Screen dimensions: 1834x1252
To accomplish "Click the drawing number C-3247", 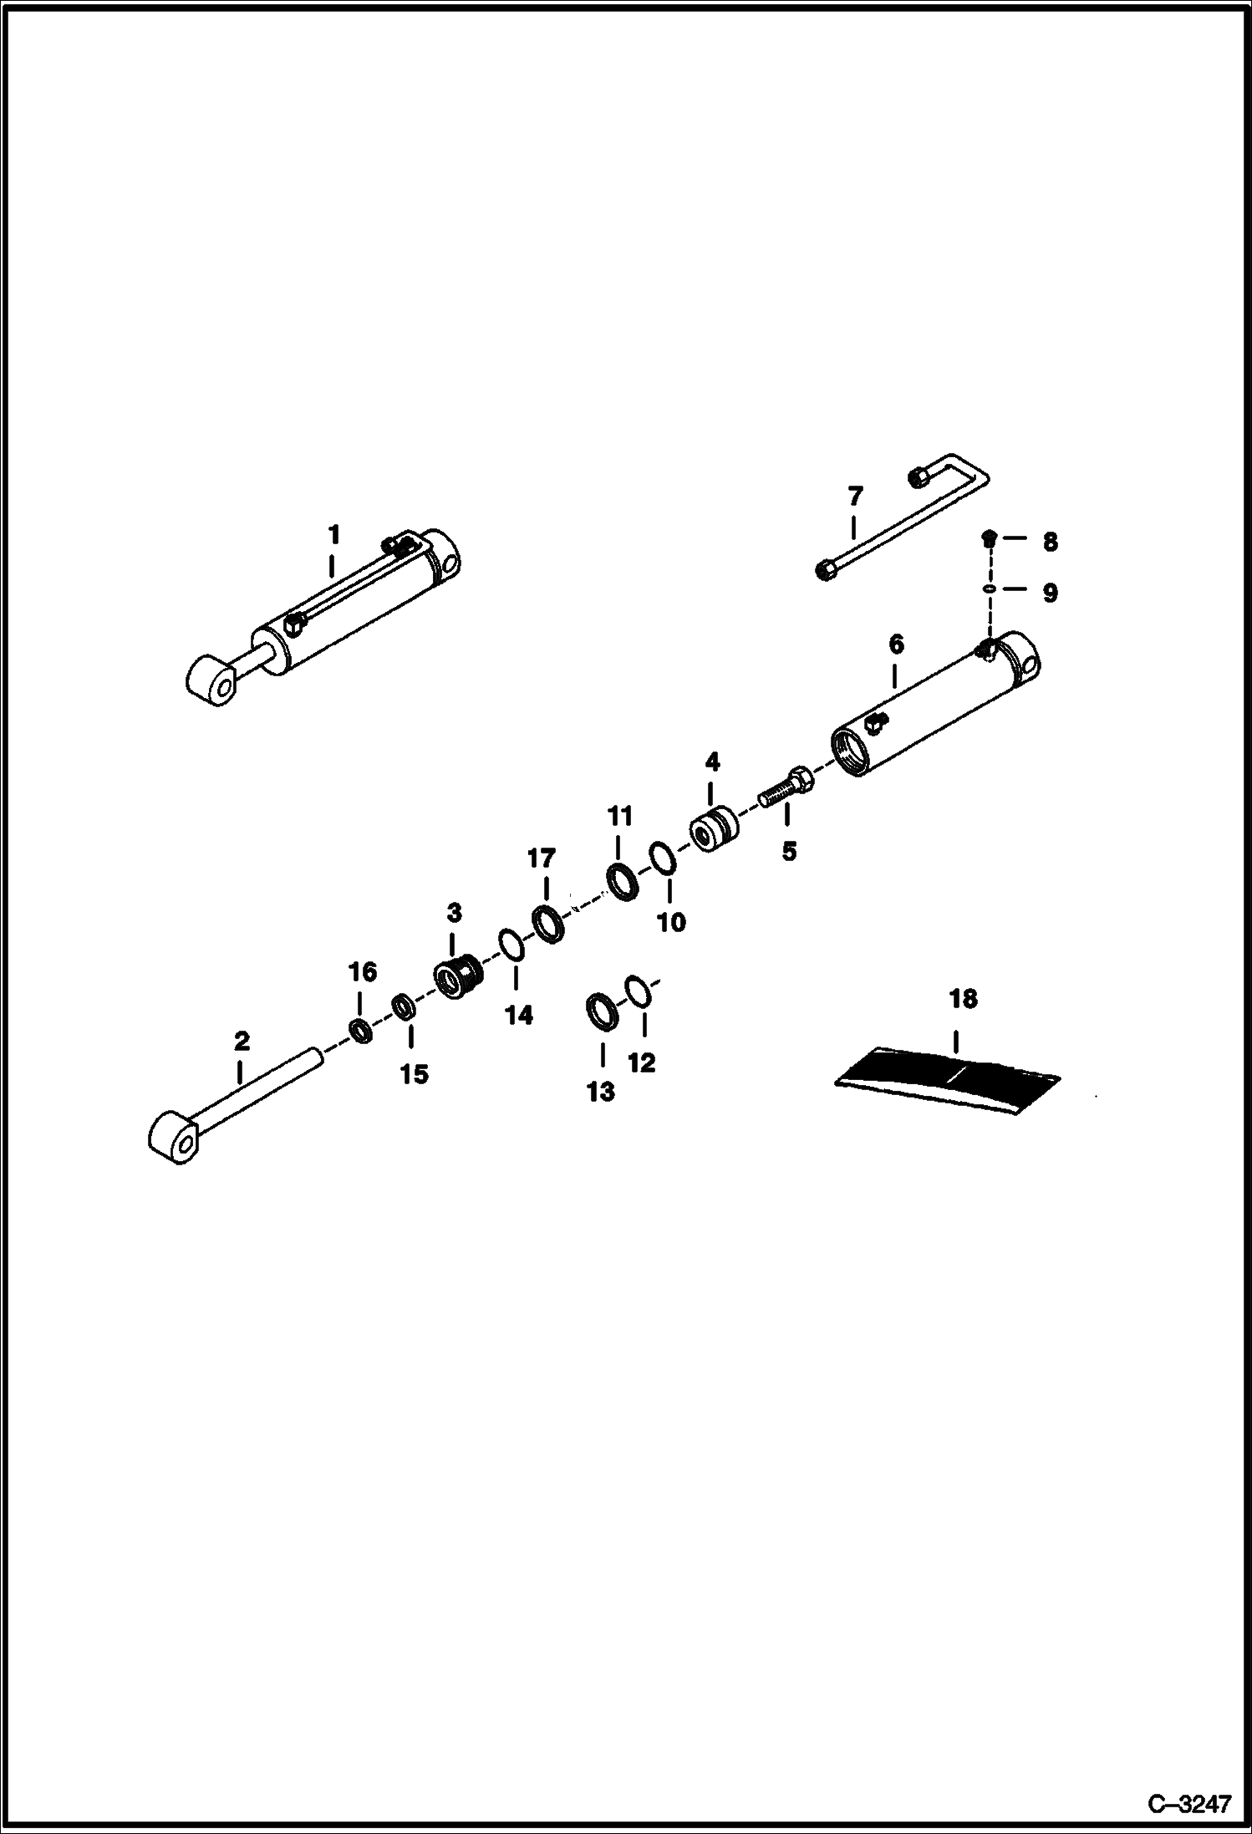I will [x=1189, y=1803].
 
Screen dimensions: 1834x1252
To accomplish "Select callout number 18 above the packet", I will [x=963, y=999].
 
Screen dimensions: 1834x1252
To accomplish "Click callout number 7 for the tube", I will [x=854, y=497].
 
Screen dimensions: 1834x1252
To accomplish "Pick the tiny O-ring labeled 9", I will [x=989, y=589].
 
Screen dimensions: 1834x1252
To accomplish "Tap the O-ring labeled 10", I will [x=663, y=859].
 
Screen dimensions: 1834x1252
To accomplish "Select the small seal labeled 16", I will [x=361, y=1031].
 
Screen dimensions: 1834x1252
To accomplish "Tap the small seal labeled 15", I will [x=404, y=1006].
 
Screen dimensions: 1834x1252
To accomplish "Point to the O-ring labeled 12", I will [x=637, y=991].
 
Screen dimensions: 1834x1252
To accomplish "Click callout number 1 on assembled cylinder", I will [x=333, y=534].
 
